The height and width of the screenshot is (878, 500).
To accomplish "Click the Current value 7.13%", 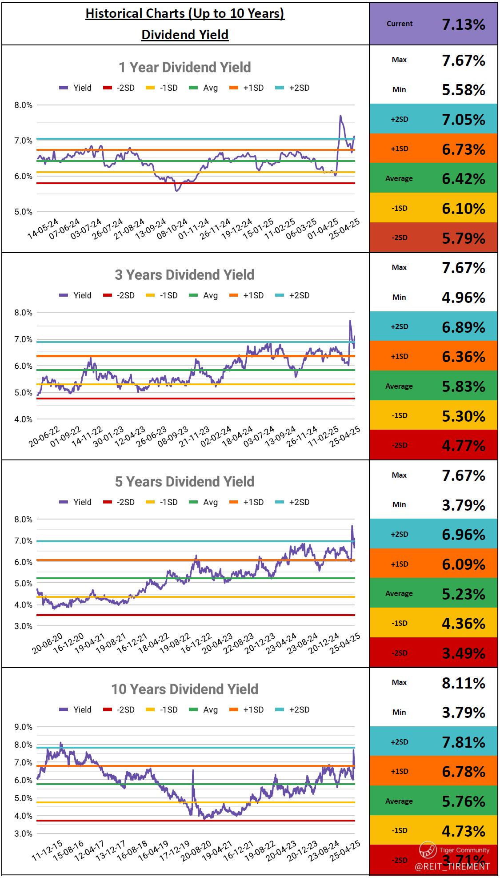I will click(x=463, y=24).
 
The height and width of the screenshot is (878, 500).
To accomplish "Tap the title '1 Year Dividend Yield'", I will click(x=184, y=67).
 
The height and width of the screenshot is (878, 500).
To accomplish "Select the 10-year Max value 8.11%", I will click(x=463, y=683).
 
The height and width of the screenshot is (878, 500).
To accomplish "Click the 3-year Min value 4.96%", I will click(x=463, y=297).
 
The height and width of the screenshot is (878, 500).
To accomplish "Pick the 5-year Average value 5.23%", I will click(x=463, y=594).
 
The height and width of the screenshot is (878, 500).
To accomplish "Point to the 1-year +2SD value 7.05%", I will click(x=463, y=119).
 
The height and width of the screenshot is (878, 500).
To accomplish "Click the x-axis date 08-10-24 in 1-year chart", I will click(x=166, y=229).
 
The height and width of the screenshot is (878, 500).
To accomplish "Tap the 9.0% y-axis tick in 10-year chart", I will click(x=24, y=727).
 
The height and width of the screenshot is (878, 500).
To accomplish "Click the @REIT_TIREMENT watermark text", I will click(x=452, y=866).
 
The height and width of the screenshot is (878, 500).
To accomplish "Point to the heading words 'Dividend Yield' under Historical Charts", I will click(x=185, y=35).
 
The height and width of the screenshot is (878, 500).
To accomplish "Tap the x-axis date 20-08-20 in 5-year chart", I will click(x=47, y=644).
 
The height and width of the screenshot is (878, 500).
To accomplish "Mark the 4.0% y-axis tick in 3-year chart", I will click(x=24, y=419).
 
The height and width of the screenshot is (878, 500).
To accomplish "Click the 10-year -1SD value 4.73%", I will click(x=463, y=831).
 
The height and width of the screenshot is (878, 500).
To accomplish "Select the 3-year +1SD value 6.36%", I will click(x=463, y=356).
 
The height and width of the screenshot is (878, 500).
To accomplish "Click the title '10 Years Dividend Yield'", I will click(x=184, y=689).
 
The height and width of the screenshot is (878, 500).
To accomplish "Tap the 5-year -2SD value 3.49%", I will click(x=463, y=653).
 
